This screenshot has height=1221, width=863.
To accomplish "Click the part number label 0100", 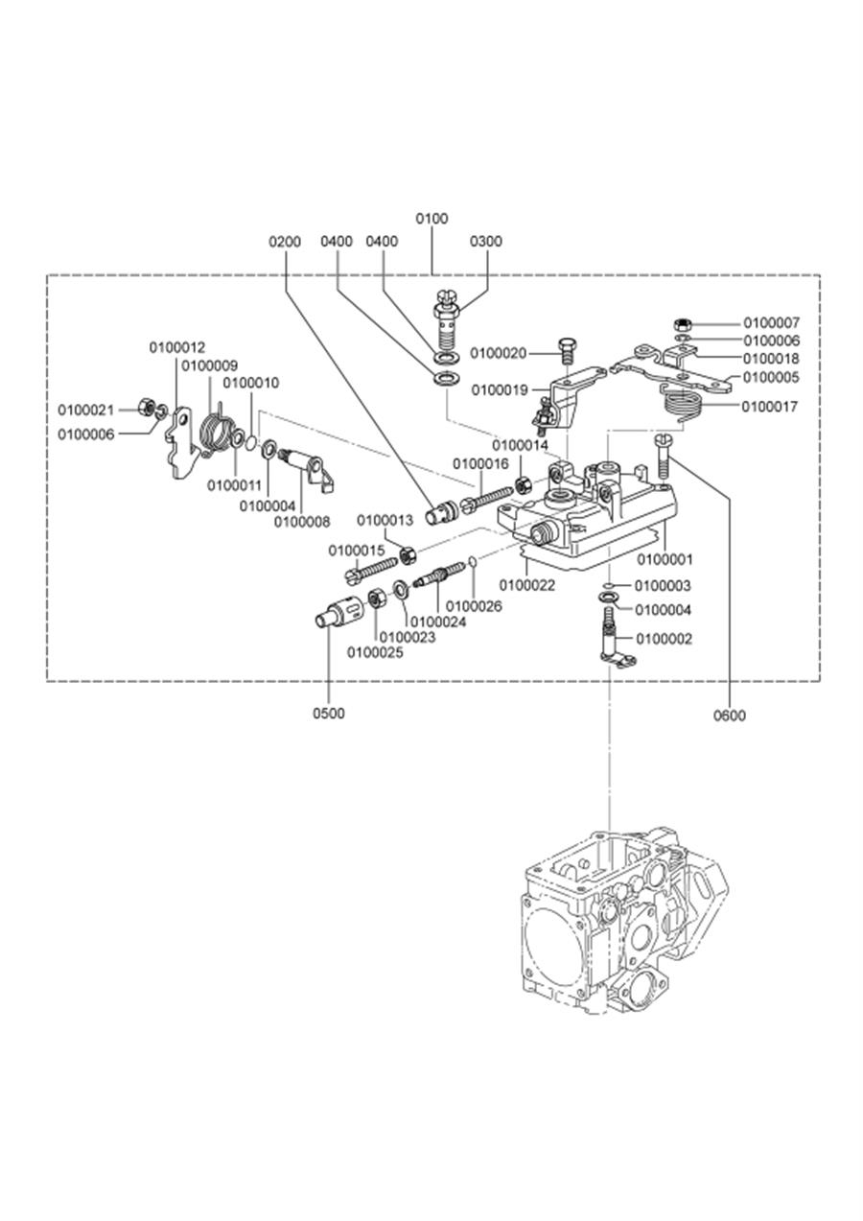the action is pos(432,219).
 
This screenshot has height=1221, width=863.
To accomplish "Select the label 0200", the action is pos(285,242).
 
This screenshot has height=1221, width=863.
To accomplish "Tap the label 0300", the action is pos(486,242).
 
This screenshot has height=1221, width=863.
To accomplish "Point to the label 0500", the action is pos(329,713).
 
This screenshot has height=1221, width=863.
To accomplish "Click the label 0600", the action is pos(730,716).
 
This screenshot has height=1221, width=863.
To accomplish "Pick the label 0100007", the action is pos(772,322).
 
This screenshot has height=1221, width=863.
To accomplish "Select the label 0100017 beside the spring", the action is pos(769,407).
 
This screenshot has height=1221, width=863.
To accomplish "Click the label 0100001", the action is pos(665,559).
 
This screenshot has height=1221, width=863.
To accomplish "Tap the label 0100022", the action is pos(527,585).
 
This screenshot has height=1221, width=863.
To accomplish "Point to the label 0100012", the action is pos(177,347).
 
